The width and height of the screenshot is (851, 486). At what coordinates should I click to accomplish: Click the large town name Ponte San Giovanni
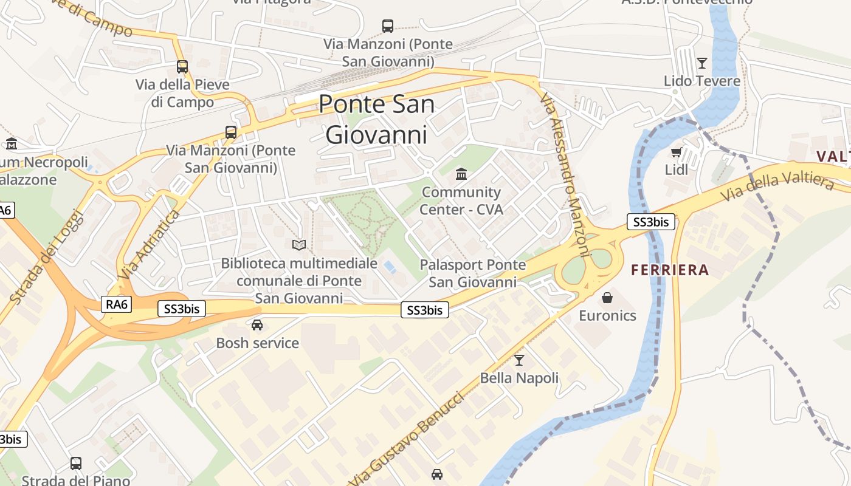[376, 119]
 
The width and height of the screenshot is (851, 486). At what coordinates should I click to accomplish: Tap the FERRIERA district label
[670, 270]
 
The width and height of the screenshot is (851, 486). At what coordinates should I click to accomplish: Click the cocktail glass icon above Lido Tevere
[702, 63]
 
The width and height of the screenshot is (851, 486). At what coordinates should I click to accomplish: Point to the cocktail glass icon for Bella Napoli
[519, 360]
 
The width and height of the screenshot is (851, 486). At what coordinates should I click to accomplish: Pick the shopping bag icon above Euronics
[607, 297]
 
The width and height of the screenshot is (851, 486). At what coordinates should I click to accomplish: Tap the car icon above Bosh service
[257, 325]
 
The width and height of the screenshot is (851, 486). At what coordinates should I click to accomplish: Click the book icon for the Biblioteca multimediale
[298, 245]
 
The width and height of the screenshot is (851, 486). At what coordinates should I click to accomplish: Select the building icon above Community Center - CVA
[461, 174]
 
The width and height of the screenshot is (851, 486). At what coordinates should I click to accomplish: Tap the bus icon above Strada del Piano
[76, 464]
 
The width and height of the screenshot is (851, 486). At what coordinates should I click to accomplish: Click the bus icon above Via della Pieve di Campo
[182, 67]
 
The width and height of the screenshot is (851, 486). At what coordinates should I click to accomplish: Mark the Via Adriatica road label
[149, 245]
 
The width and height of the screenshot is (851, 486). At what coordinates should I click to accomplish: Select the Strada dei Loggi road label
[46, 256]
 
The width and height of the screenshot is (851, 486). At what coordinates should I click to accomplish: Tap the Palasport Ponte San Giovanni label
[472, 273]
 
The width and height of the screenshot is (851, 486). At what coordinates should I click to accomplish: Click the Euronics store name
[607, 315]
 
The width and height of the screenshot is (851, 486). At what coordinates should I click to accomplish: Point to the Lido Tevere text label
[702, 81]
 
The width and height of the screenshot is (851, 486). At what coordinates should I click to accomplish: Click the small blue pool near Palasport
[388, 266]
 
